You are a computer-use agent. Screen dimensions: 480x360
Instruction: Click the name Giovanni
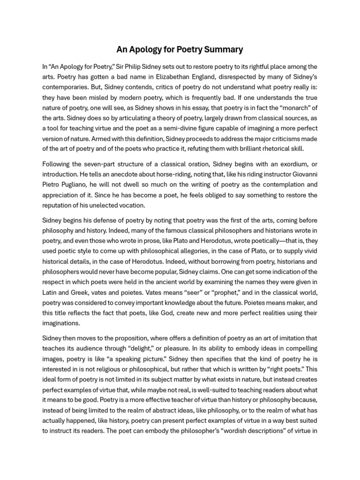pyautogui.click(x=302, y=174)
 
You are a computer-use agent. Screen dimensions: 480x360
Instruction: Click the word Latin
pyautogui.click(x=50, y=292)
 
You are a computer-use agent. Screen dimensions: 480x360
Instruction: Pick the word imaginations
pyautogui.click(x=61, y=323)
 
